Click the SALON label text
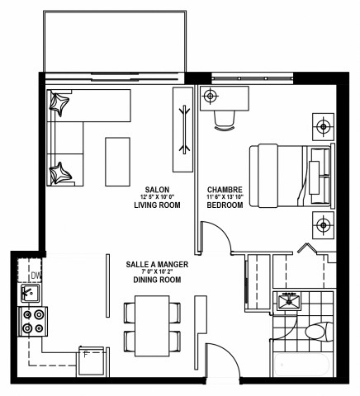point(150,188)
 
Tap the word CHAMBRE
point(224,188)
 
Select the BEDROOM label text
point(224,205)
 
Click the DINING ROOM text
point(157,280)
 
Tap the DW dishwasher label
point(34,276)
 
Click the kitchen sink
point(31,294)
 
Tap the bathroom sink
point(290,301)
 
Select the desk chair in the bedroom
point(224,120)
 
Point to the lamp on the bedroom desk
point(210,96)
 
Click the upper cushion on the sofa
point(60,102)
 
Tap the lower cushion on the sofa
point(60,172)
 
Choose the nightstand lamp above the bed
point(322,127)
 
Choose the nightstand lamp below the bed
point(322,223)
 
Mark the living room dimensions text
point(157,196)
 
